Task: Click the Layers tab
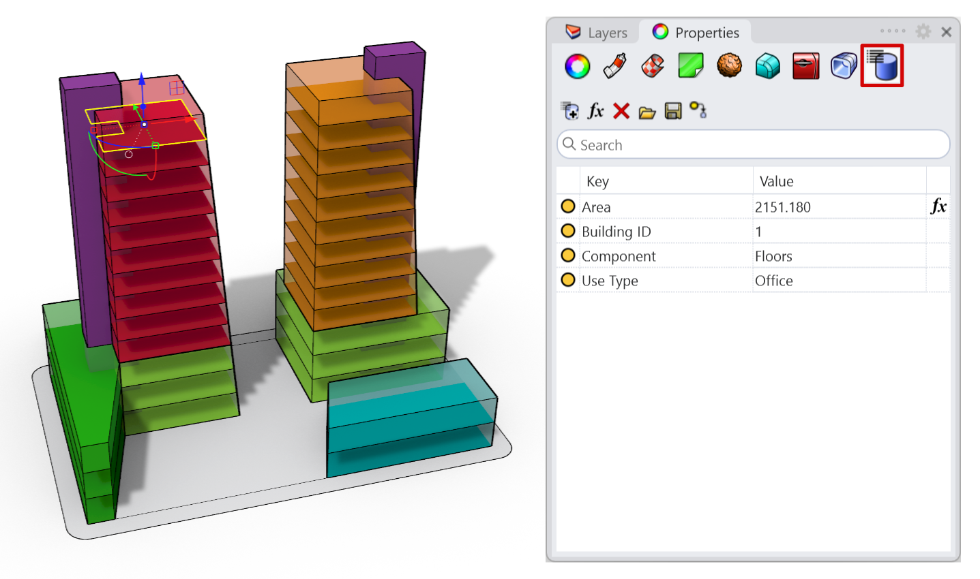coord(596,33)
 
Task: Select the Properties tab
coord(696,33)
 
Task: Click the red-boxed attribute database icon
coord(882,65)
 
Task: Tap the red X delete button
coord(621,111)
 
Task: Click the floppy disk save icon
coord(673,111)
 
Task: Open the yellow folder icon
coord(647,112)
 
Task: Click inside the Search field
coord(754,145)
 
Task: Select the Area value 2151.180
coord(783,207)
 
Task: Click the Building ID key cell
coord(616,232)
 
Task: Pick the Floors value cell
coord(773,256)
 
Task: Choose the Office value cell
coord(773,281)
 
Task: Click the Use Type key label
coord(610,281)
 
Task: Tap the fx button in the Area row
coord(938,206)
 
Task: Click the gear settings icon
coord(923,31)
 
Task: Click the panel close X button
coord(947,32)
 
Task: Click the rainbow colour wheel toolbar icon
coord(577,67)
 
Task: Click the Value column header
coord(776,181)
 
